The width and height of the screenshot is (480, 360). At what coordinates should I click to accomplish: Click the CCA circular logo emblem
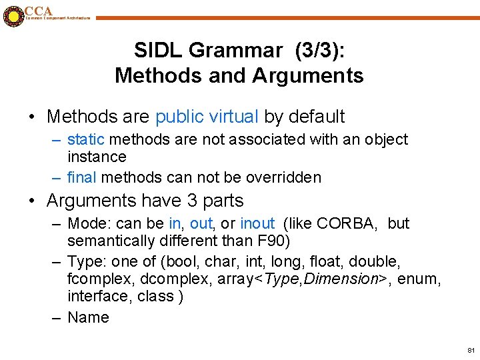pyautogui.click(x=13, y=16)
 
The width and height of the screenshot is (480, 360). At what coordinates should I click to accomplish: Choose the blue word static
pyautogui.click(x=86, y=140)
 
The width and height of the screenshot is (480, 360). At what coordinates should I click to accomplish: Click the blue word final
pyautogui.click(x=82, y=177)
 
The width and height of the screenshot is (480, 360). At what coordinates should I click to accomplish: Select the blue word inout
pyautogui.click(x=257, y=223)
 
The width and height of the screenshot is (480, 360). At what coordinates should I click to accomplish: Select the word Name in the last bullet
pyautogui.click(x=88, y=317)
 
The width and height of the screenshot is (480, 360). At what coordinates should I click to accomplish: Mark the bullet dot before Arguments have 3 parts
pyautogui.click(x=33, y=201)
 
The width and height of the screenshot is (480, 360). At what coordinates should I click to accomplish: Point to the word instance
pyautogui.click(x=97, y=157)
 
